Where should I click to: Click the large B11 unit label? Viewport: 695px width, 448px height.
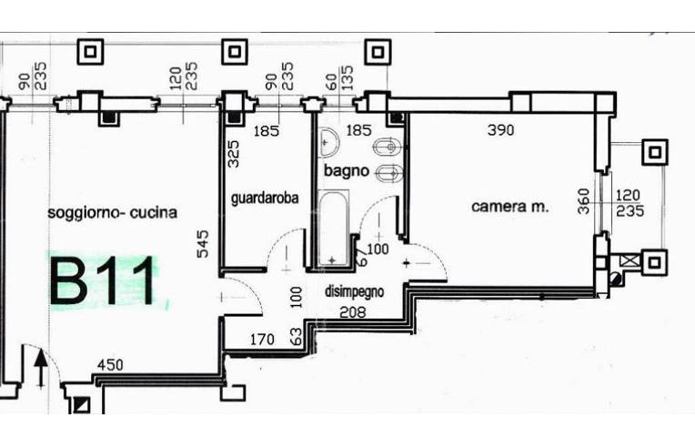tap(103, 282)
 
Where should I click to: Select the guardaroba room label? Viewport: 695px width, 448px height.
tap(265, 197)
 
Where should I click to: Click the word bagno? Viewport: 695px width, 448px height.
tap(347, 170)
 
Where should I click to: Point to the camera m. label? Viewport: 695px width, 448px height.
tap(510, 207)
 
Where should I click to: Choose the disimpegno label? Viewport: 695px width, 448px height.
tap(355, 292)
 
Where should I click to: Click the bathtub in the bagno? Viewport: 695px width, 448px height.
tap(333, 228)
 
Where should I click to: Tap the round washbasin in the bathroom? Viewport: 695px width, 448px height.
tap(329, 141)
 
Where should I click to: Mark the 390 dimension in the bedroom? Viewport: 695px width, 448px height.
tap(500, 130)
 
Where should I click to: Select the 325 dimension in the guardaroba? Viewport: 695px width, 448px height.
tap(233, 153)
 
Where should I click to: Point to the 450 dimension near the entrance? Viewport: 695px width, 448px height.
tap(111, 366)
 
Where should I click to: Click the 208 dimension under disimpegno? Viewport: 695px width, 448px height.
tap(352, 311)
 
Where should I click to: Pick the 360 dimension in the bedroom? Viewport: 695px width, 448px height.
tap(585, 200)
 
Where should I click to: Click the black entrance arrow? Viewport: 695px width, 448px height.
tap(40, 371)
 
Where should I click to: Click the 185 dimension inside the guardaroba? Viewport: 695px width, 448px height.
tap(267, 131)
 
